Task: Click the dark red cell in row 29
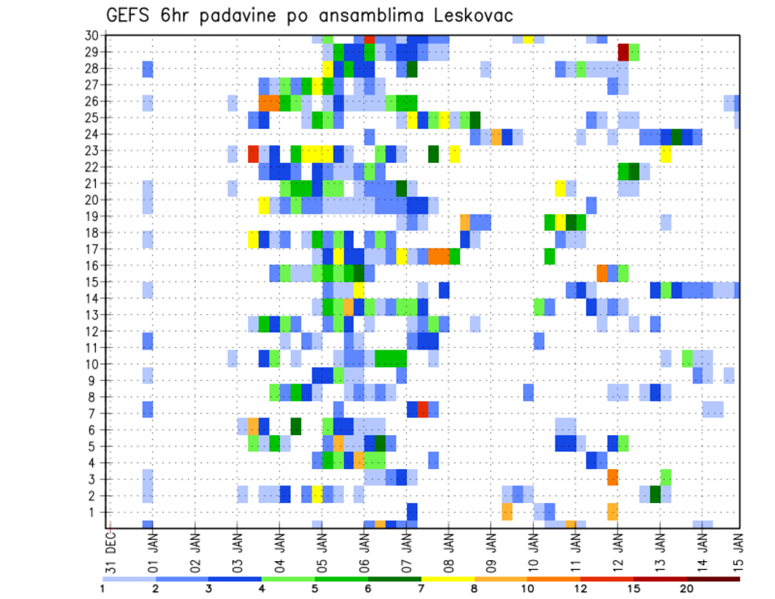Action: coord(623,52)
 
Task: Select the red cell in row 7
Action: coord(423,408)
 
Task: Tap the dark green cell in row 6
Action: coord(295,425)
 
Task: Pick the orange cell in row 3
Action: coord(613,477)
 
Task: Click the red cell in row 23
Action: coord(253,153)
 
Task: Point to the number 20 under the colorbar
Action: coord(687,589)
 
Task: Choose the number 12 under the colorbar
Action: coord(581,589)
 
